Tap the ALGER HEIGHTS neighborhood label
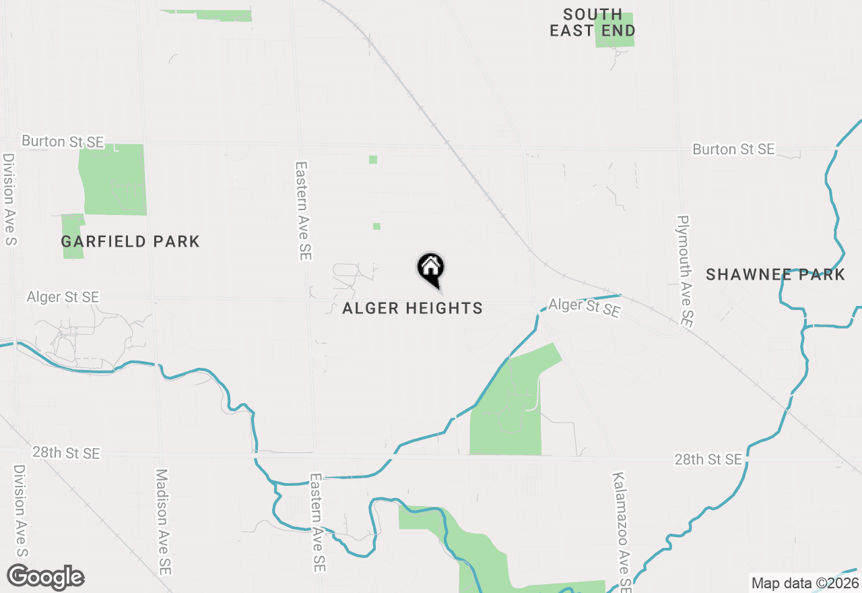pos(412,309)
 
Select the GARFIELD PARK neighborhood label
pos(130,241)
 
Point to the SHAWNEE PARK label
pos(775,274)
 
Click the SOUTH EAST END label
pos(593,23)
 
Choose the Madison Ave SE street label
pos(163,522)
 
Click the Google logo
pos(46,577)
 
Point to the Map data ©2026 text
pos(805,583)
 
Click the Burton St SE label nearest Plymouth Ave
pos(733,149)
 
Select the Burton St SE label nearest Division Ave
pos(63,142)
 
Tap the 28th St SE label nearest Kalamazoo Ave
pos(708,460)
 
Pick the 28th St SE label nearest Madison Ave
pos(66,452)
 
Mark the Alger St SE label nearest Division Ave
pos(63,297)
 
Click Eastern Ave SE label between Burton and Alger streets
pos(303,211)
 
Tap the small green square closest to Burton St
pos(373,160)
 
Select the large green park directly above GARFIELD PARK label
pos(112,179)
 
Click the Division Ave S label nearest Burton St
pos(9,199)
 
